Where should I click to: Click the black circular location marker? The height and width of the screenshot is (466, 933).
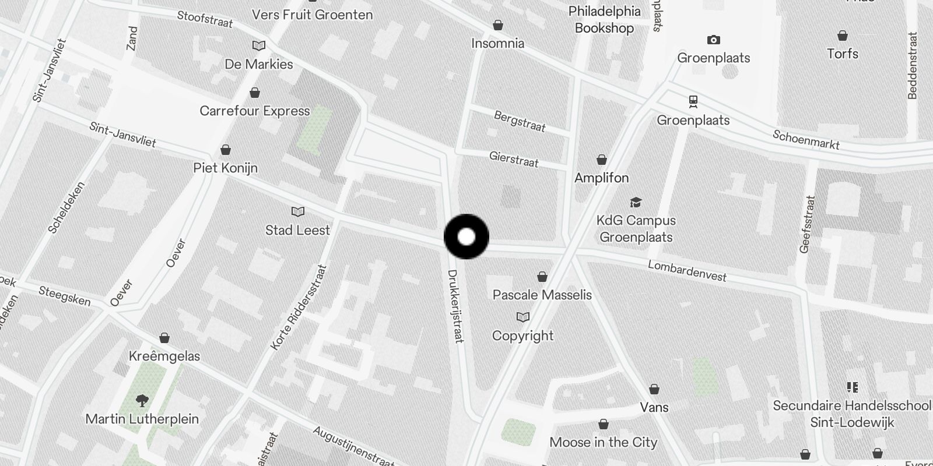click(x=466, y=236)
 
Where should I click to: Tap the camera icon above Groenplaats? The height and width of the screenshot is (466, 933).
click(x=713, y=40)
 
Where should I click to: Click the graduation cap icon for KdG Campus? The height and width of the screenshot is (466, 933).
click(x=636, y=202)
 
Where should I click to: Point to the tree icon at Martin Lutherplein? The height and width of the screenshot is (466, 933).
click(x=142, y=400)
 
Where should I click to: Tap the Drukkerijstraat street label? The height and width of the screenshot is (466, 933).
click(x=455, y=306)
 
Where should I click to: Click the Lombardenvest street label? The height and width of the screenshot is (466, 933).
click(x=687, y=271)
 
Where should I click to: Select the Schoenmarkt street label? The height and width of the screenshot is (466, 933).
click(x=806, y=139)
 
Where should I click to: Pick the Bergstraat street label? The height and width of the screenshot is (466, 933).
click(x=520, y=121)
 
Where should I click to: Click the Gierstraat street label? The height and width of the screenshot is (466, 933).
click(x=514, y=159)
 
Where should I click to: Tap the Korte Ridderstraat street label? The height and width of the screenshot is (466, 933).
click(x=299, y=308)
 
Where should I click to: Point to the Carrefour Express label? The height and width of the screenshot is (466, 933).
click(x=255, y=111)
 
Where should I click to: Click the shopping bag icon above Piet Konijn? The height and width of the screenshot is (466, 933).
click(x=225, y=150)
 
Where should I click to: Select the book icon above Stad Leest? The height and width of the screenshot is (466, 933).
click(x=298, y=211)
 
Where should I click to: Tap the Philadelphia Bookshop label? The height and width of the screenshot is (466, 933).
click(x=604, y=19)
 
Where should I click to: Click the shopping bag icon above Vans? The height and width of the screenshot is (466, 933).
click(x=654, y=389)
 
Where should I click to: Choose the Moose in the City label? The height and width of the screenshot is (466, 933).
click(x=604, y=442)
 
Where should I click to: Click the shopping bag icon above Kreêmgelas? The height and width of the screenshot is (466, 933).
click(x=164, y=338)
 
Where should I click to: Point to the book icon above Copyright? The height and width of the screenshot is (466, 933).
click(x=523, y=317)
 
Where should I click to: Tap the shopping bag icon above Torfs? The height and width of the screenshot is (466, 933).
click(x=842, y=36)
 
